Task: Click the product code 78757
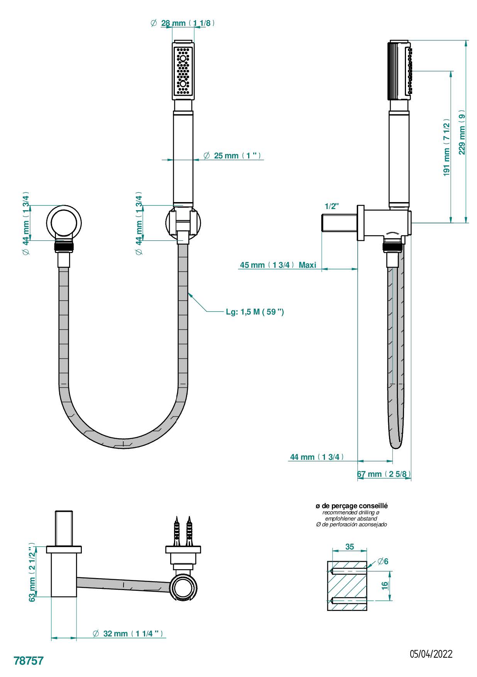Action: click(x=29, y=660)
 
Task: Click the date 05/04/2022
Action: click(x=431, y=654)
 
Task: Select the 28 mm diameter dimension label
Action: click(x=183, y=23)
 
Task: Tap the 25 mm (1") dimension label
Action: click(x=233, y=156)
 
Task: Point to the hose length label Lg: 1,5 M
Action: click(x=255, y=312)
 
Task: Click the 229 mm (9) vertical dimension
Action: click(x=462, y=132)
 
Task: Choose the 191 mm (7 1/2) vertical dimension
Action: click(x=447, y=147)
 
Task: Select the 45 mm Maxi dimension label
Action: click(x=278, y=265)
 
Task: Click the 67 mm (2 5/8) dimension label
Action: click(x=384, y=474)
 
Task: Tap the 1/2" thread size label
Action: click(x=332, y=206)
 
